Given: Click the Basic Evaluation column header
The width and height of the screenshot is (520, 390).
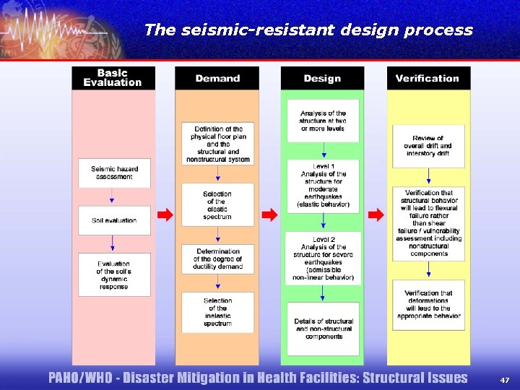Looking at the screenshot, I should [x=113, y=78].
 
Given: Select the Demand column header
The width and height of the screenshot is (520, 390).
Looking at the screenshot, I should [x=217, y=78].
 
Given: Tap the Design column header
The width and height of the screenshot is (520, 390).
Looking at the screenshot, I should [x=322, y=78].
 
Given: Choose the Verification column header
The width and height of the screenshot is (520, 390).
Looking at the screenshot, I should [x=427, y=78].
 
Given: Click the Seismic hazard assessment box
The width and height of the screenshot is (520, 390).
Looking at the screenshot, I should [x=114, y=173].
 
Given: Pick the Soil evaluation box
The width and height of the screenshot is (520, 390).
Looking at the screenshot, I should [x=114, y=220].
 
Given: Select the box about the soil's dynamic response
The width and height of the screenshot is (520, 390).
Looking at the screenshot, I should [x=114, y=275].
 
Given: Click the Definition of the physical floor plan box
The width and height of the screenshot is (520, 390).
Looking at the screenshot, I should [x=217, y=144].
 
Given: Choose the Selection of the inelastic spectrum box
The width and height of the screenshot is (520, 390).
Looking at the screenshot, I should [x=217, y=312].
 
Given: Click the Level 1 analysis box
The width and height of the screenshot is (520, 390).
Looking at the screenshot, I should [x=323, y=185].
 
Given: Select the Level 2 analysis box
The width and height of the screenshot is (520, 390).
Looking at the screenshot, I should [x=323, y=258].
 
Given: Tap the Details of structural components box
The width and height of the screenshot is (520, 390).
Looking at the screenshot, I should [x=323, y=329].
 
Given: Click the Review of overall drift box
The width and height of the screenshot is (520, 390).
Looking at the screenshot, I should [x=428, y=146].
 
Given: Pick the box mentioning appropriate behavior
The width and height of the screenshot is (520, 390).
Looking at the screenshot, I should [x=428, y=304].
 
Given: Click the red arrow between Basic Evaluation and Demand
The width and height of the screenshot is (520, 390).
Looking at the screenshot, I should [x=165, y=214].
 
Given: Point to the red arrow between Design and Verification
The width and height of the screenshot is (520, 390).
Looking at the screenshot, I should [x=376, y=214].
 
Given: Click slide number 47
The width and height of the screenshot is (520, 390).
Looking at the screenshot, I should [x=504, y=378].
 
